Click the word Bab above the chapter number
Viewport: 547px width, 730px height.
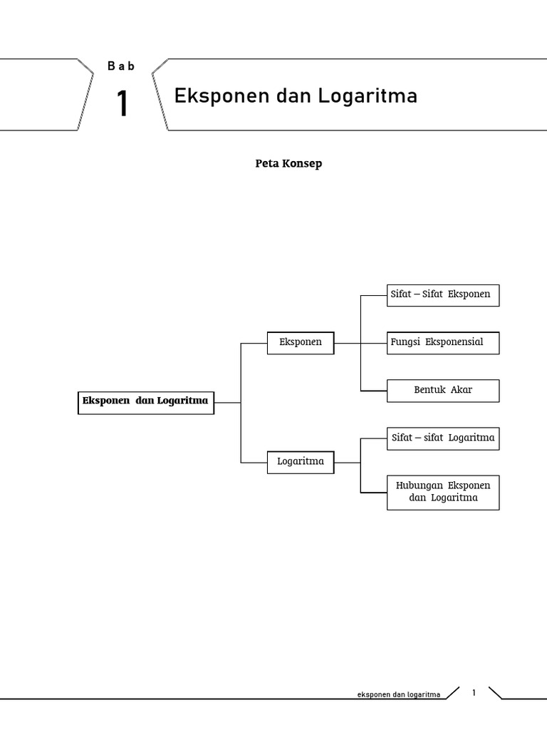[121, 66]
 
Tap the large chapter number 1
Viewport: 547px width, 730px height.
[123, 104]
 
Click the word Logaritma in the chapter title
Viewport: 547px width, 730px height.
[368, 96]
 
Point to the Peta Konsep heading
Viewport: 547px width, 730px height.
[288, 163]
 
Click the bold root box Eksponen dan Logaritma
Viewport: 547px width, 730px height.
[145, 401]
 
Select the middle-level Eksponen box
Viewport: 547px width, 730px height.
[300, 342]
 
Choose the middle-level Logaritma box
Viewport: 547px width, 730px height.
[300, 461]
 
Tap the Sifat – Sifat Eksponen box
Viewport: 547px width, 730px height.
[442, 294]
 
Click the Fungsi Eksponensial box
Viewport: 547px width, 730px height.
[442, 342]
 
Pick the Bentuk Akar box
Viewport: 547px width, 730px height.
[442, 390]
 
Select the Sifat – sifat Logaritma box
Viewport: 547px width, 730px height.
[442, 438]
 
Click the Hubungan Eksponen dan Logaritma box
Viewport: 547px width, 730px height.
[442, 492]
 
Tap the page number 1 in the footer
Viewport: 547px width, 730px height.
[474, 692]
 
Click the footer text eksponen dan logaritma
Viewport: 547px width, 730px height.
[399, 694]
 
